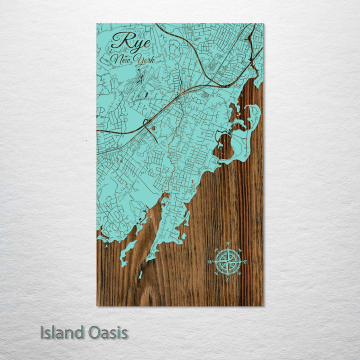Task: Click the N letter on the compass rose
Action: pos(228,244)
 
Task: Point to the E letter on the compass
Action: pos(245,262)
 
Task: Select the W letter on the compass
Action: pos(210,262)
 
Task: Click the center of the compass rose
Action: pos(227,261)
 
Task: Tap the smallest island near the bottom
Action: pos(141,274)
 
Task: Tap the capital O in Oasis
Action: pos(94,333)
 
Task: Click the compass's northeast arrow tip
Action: pos(239,249)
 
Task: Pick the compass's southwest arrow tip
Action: pos(216,273)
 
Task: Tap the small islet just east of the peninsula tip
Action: pos(183,236)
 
